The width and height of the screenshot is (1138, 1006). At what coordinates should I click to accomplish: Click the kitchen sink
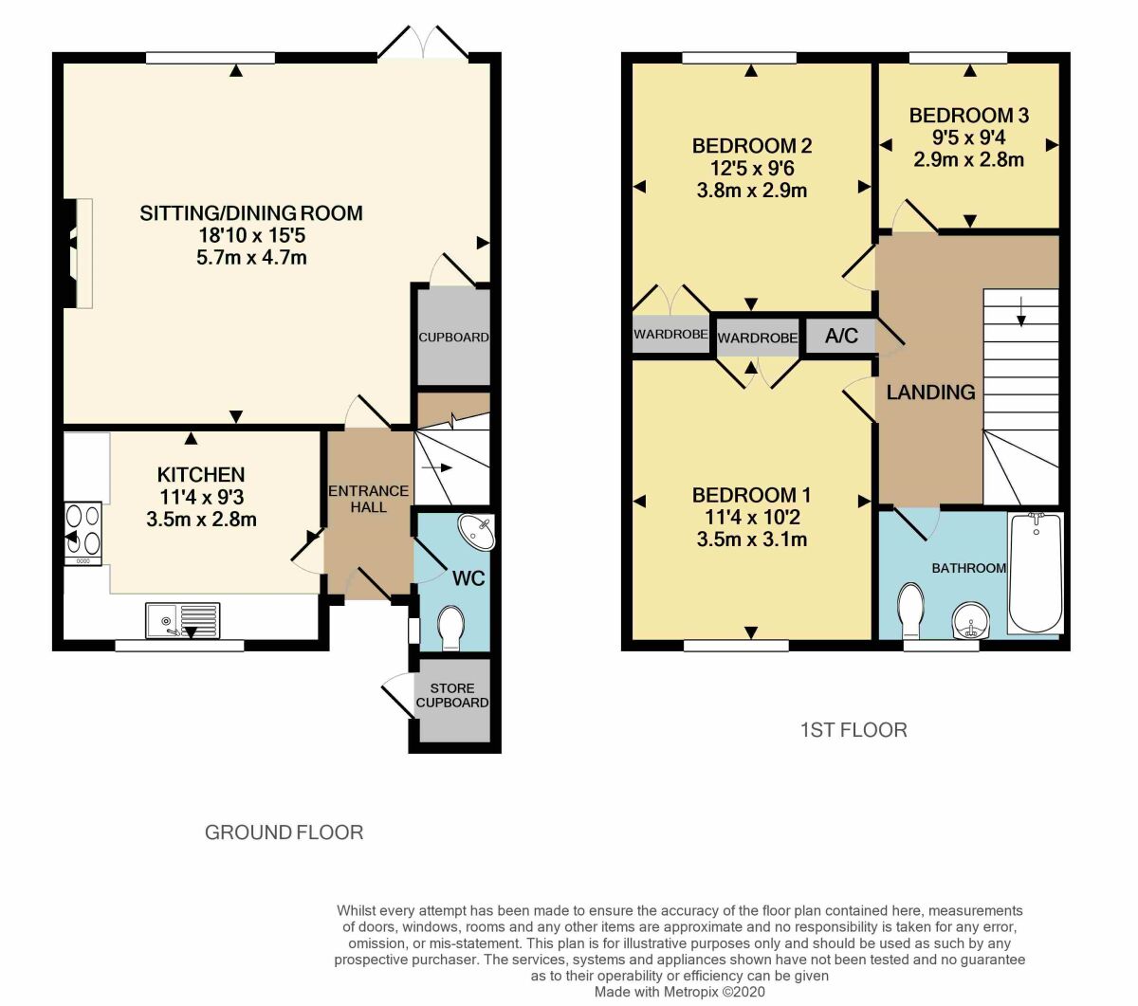coord(182,620)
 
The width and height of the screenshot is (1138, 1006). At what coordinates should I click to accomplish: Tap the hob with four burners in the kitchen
coord(83,534)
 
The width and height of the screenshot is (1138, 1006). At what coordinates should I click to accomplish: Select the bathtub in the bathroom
coord(1037,573)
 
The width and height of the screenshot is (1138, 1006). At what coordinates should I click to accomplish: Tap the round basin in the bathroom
coord(970,621)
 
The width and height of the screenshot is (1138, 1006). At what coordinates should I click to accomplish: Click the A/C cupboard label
coord(841,336)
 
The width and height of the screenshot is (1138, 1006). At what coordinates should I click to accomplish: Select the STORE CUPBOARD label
coord(452,695)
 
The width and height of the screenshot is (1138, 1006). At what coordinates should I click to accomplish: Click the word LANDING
coord(930,392)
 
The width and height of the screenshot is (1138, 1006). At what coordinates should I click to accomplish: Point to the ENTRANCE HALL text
coord(369,499)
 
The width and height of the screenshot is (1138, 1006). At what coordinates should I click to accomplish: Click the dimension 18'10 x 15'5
coord(251,235)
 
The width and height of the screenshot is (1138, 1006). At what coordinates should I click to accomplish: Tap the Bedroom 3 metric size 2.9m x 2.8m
coord(968,159)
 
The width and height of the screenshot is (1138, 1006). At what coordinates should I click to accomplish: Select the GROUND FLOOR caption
coord(284,832)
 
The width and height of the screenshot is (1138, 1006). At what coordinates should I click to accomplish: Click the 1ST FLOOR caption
coord(853,730)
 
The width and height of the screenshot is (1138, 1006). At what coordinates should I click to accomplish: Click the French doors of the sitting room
coord(422,43)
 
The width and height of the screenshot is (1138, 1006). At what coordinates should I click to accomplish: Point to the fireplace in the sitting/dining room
coord(78,253)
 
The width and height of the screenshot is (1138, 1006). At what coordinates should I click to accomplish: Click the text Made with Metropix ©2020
coord(680,992)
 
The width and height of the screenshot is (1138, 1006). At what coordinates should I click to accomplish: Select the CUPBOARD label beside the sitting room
coord(453,337)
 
